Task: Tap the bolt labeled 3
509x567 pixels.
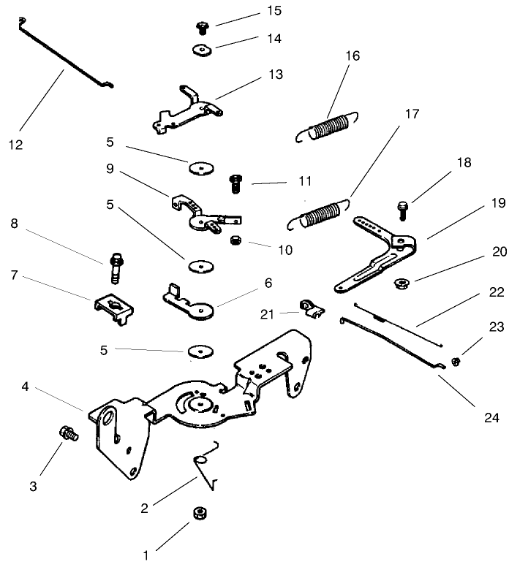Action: (68, 435)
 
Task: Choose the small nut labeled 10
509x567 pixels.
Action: (235, 240)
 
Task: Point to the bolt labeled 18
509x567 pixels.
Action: (401, 210)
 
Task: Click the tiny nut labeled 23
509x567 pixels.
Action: (455, 361)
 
